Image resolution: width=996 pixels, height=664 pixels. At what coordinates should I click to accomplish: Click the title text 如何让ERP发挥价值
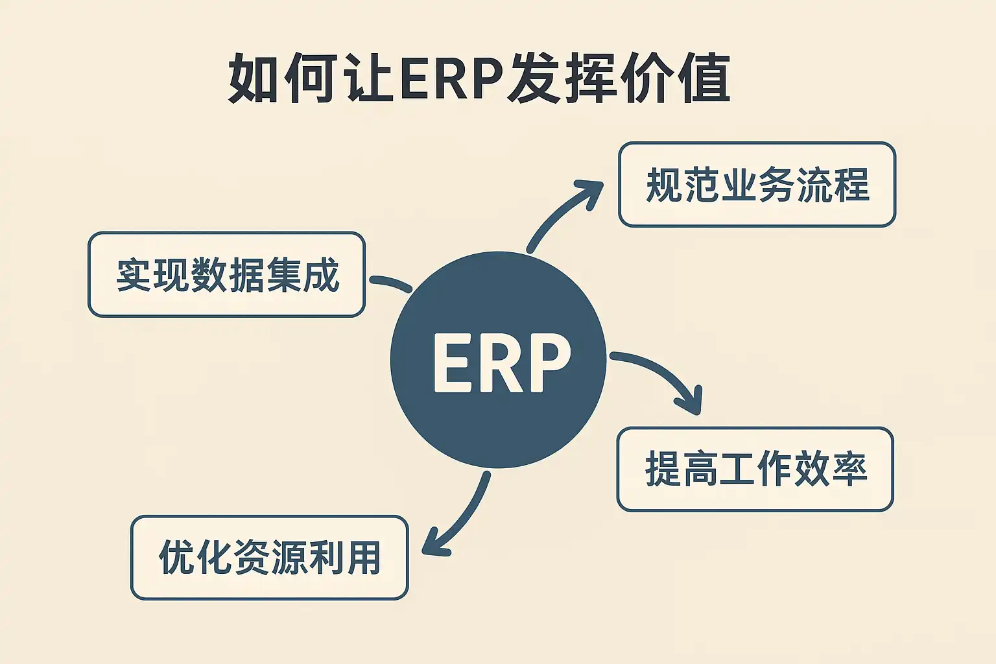pyautogui.click(x=480, y=79)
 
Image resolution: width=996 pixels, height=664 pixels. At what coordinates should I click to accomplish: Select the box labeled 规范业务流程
pyautogui.click(x=757, y=185)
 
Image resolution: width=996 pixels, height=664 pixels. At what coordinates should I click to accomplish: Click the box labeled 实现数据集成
pyautogui.click(x=226, y=274)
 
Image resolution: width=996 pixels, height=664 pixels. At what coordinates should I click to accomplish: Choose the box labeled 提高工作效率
pyautogui.click(x=755, y=469)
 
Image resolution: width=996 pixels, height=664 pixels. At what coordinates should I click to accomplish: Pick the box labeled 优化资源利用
pyautogui.click(x=269, y=558)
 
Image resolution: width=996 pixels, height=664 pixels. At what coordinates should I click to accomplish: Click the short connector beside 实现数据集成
pyautogui.click(x=390, y=283)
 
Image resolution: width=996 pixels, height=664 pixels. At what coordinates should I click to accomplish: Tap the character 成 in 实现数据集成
pyautogui.click(x=321, y=275)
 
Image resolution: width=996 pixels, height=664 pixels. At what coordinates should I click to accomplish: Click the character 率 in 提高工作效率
pyautogui.click(x=849, y=469)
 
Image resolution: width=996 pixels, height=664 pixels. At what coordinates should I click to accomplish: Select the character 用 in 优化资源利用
pyautogui.click(x=363, y=558)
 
